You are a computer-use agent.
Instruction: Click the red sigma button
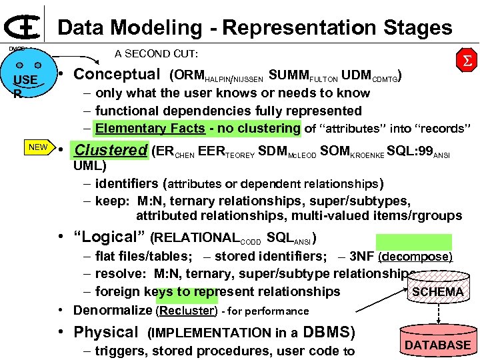click(465, 62)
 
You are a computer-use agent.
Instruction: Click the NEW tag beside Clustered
click(38, 147)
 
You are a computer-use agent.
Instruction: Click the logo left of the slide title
click(21, 26)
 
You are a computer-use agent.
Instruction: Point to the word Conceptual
click(117, 74)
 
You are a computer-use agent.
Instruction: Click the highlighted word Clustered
click(110, 150)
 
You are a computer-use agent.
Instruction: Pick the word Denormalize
click(113, 310)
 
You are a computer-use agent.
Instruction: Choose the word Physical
click(105, 332)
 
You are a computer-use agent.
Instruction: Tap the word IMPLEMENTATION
click(203, 333)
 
